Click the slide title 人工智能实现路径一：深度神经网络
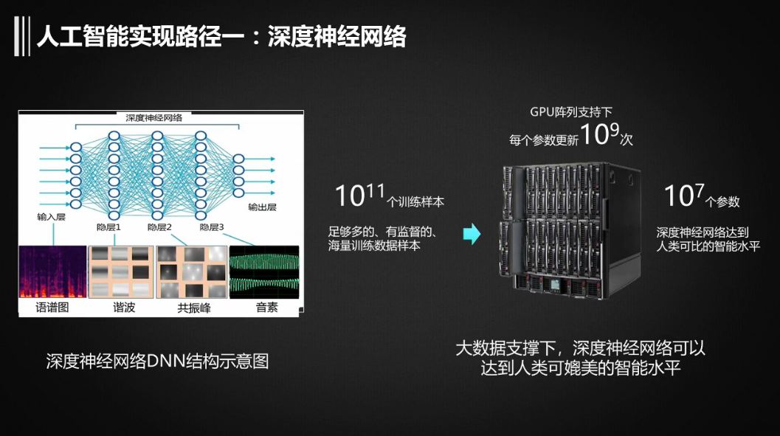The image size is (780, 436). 221,36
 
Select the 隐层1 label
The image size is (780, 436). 108,227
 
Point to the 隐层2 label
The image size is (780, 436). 159,227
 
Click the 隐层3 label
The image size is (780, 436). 211,227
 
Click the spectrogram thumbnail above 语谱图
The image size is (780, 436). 52,272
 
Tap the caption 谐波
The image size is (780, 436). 121,308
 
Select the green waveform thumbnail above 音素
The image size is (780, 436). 264,272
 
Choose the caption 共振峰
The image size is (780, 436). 194,308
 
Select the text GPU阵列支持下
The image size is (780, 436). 570,112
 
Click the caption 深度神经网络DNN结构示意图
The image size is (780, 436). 157,361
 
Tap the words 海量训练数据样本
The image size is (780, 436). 374,246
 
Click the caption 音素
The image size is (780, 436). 266,308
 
